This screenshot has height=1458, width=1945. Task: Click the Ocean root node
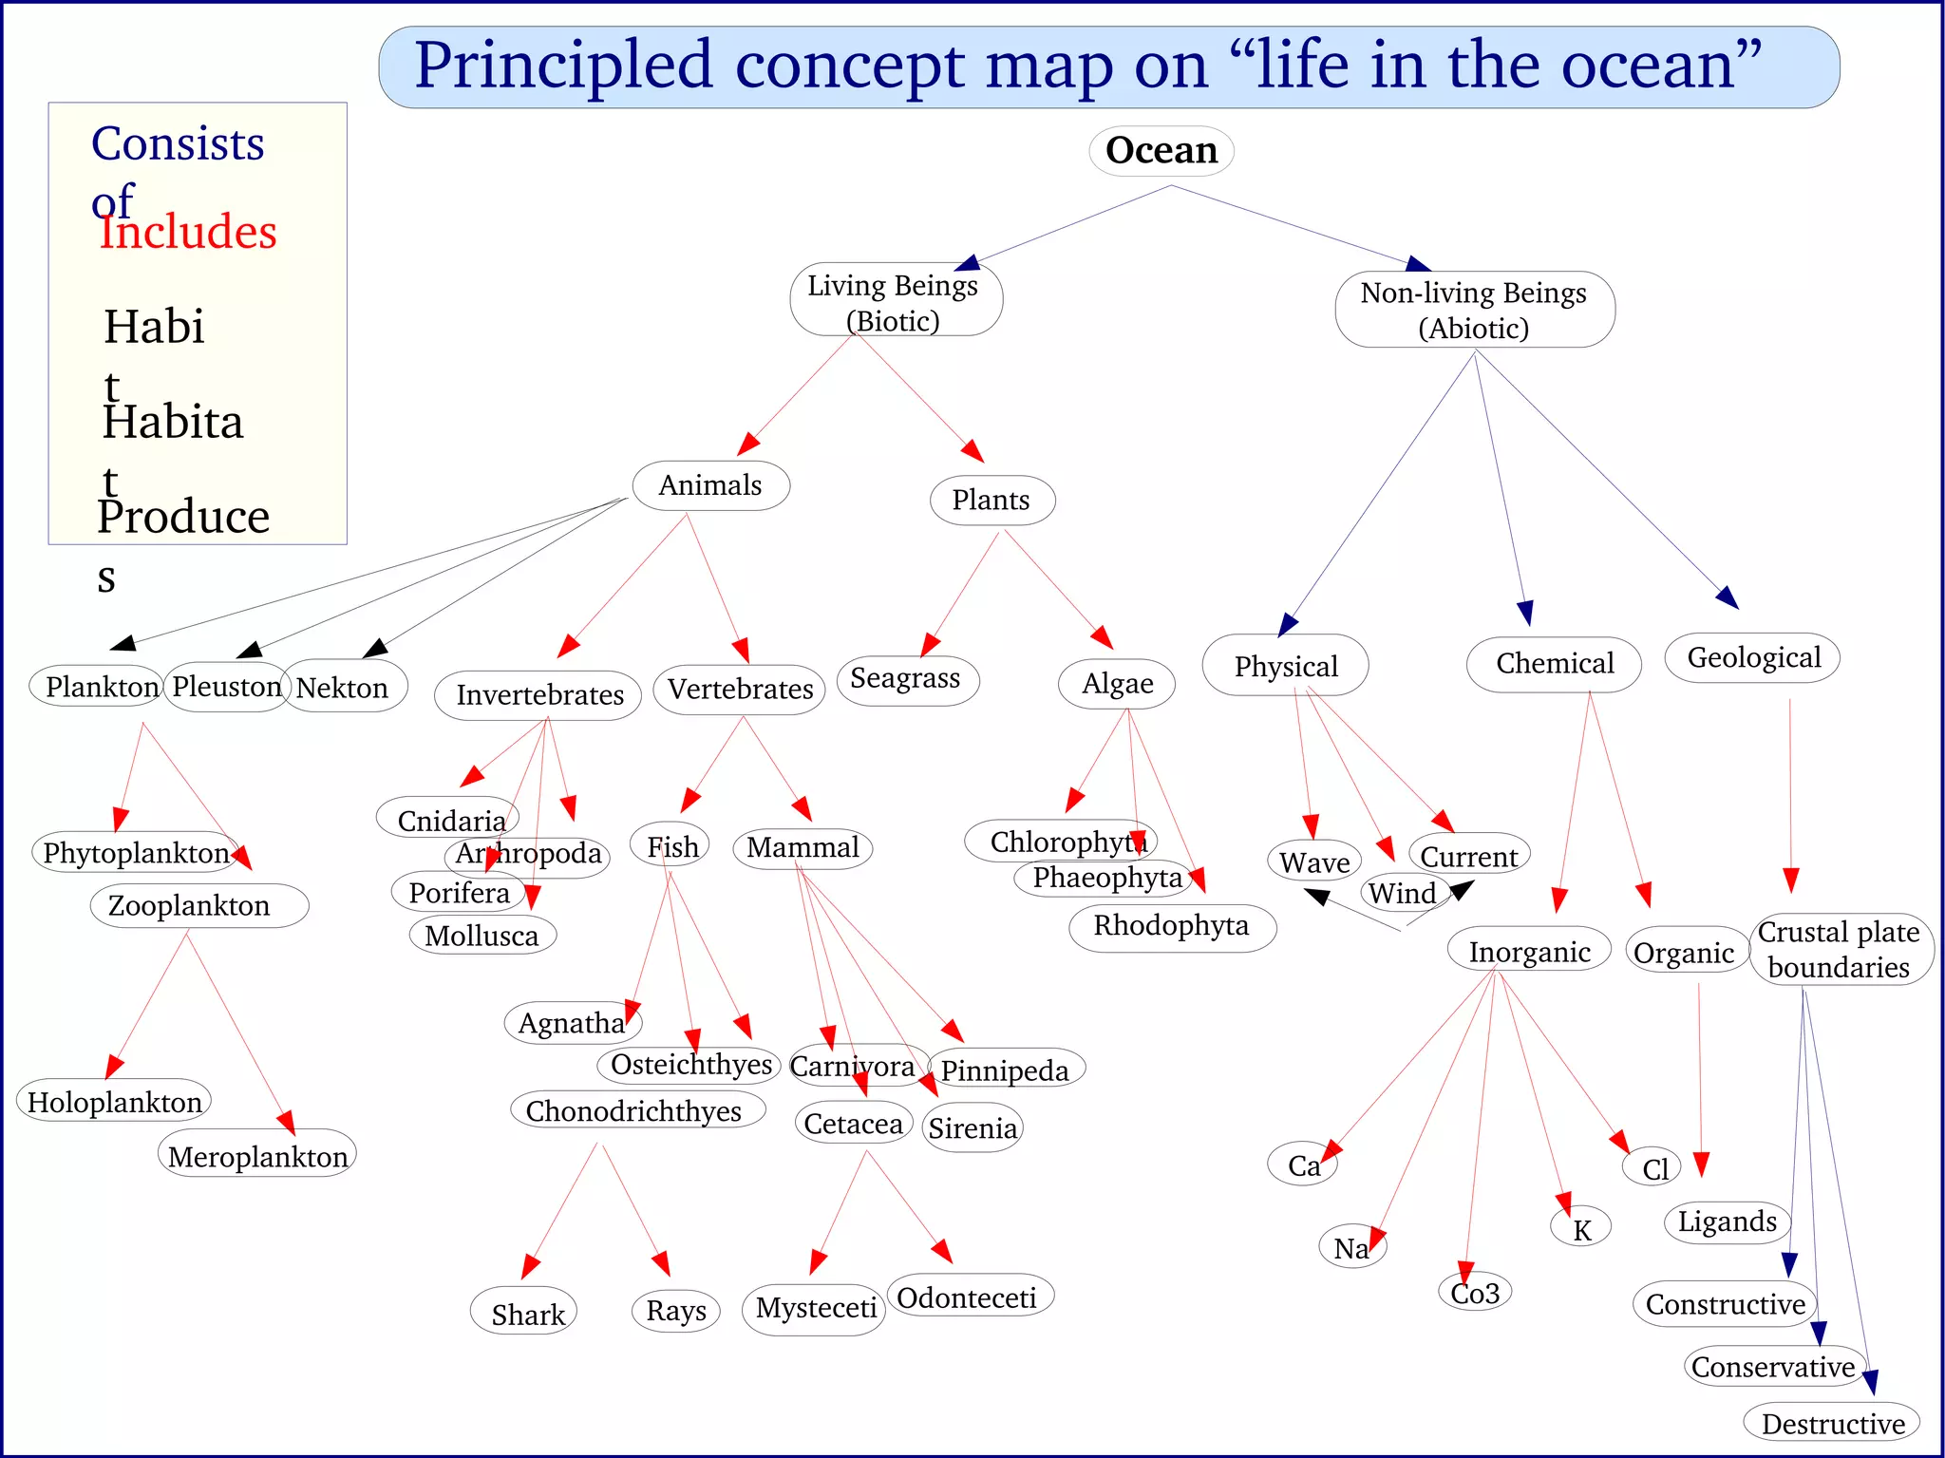coord(1161,150)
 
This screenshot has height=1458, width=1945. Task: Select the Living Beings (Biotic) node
coord(894,302)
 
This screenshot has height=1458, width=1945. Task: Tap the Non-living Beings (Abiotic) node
coord(1474,310)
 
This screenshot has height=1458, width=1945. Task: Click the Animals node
coord(710,485)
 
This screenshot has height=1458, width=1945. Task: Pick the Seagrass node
coord(906,679)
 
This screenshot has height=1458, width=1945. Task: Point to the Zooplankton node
coord(190,905)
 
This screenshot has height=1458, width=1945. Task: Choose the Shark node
coord(527,1314)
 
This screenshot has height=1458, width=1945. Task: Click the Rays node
coord(676,1311)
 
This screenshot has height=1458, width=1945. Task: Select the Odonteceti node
coord(967,1297)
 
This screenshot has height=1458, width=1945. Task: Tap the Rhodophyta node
coord(1171,926)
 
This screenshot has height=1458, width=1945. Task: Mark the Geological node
coord(1753,657)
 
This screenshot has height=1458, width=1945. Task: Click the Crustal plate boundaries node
coord(1839,949)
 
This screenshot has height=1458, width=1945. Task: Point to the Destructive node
coord(1833,1424)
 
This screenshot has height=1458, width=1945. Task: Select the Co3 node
coord(1475,1293)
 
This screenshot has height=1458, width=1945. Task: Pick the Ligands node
coord(1727,1221)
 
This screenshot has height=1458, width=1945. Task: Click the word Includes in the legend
coord(188,232)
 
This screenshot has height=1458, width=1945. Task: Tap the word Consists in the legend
coord(178,144)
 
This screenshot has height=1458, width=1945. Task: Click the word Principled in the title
coord(563,66)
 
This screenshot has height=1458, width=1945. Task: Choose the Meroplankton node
coord(257,1156)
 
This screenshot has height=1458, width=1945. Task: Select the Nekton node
coord(343,688)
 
